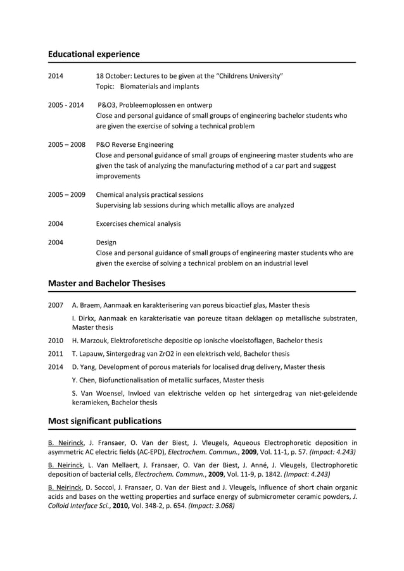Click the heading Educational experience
tap(94, 54)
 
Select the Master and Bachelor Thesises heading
tap(106, 283)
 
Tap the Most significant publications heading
tap(104, 421)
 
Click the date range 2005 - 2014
tap(65, 104)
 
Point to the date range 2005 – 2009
tap(66, 194)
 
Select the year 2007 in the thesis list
tap(56, 305)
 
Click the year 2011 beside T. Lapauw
tap(56, 354)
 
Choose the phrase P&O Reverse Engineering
tap(134, 144)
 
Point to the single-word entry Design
tap(106, 242)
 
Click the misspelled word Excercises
tap(115, 223)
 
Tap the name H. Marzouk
tap(91, 340)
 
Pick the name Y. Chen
tap(84, 380)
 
